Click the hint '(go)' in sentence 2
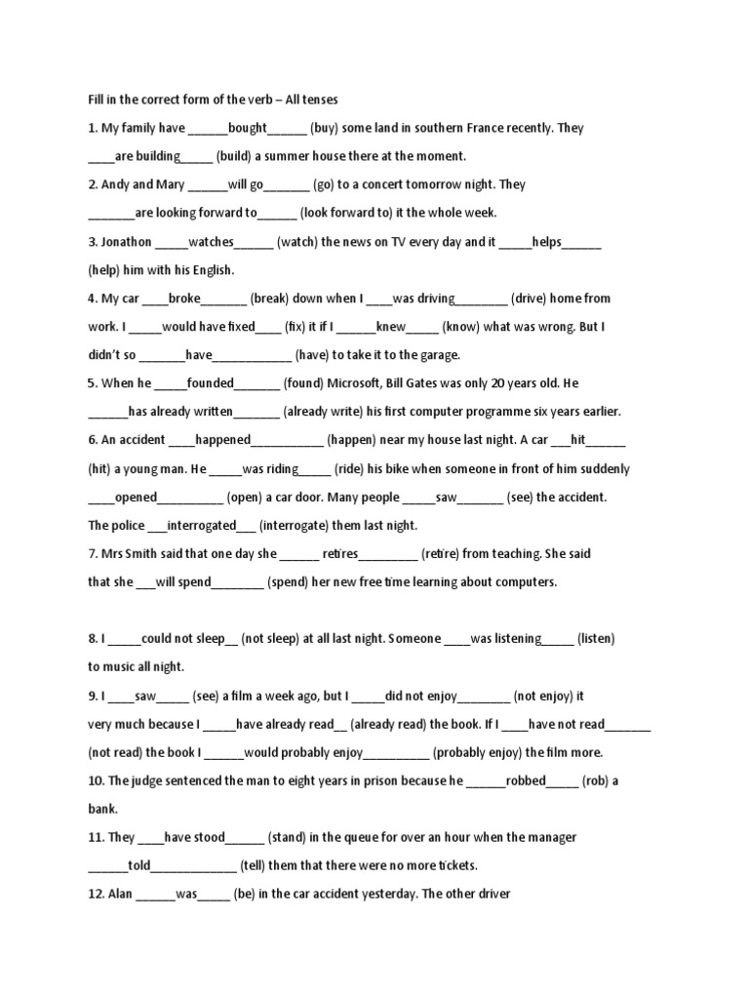[329, 184]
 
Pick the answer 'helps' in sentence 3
[546, 242]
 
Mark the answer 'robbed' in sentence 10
[526, 781]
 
